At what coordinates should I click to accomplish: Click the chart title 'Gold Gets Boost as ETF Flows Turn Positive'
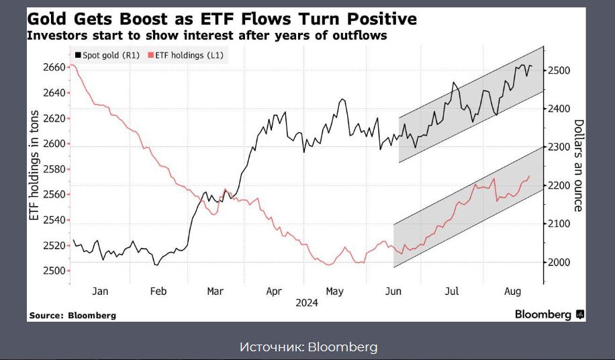[222, 18]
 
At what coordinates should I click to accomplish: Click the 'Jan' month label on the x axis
[99, 291]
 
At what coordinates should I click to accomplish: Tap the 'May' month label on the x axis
[334, 291]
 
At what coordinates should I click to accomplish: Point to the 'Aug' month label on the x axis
[512, 291]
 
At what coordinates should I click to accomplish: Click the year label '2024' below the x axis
[306, 303]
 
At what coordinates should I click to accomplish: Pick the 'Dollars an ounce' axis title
[578, 165]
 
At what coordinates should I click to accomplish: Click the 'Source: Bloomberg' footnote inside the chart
[73, 315]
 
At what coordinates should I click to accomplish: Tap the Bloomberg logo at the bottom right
[549, 314]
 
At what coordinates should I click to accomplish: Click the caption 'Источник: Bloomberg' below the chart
[308, 347]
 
